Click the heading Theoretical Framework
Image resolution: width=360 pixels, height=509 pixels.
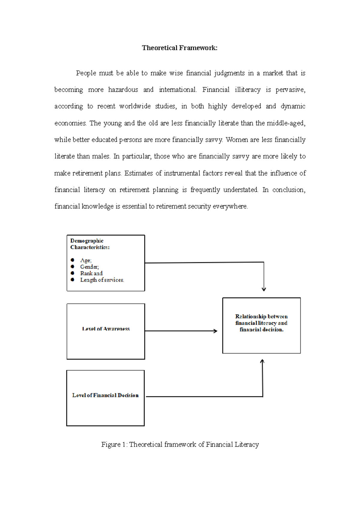(x=179, y=48)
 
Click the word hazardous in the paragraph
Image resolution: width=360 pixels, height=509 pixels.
(x=123, y=90)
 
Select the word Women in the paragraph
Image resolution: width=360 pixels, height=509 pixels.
(x=237, y=140)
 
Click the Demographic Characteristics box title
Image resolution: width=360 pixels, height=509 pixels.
(x=90, y=244)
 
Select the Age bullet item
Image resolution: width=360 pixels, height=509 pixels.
(x=86, y=260)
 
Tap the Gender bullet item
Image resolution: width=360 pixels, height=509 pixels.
(x=89, y=267)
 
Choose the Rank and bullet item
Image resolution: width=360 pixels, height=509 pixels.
(x=91, y=273)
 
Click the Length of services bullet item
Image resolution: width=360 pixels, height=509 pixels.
(x=102, y=280)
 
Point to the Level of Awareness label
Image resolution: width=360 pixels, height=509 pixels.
(x=106, y=329)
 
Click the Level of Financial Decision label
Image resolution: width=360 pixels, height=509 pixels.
(x=105, y=395)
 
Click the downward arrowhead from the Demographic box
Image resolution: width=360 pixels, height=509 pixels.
(x=264, y=289)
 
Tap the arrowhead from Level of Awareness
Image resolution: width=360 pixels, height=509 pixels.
(x=215, y=331)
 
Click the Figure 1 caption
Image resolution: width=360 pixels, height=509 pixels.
(x=180, y=445)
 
